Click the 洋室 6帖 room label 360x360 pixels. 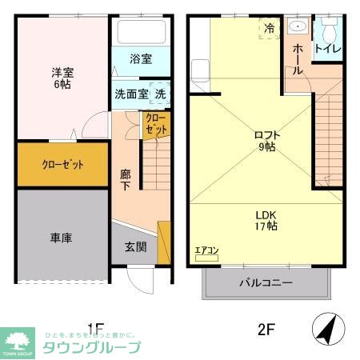coord(61,77)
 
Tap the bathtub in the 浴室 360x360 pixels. coord(141,32)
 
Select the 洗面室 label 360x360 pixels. coord(131,94)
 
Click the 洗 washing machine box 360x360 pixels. coord(161,93)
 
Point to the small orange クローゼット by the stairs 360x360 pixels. coord(156,124)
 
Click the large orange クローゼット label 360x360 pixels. coord(62,165)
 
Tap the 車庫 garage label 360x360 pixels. coord(62,238)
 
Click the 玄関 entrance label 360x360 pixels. coord(135,247)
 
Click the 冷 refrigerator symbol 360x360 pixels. coord(270,27)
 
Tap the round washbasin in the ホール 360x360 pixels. coord(298,27)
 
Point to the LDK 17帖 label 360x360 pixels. coord(266,221)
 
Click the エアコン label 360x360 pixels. coord(206,251)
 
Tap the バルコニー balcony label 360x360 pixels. coord(266,282)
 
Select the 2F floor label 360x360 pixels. coord(266,328)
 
